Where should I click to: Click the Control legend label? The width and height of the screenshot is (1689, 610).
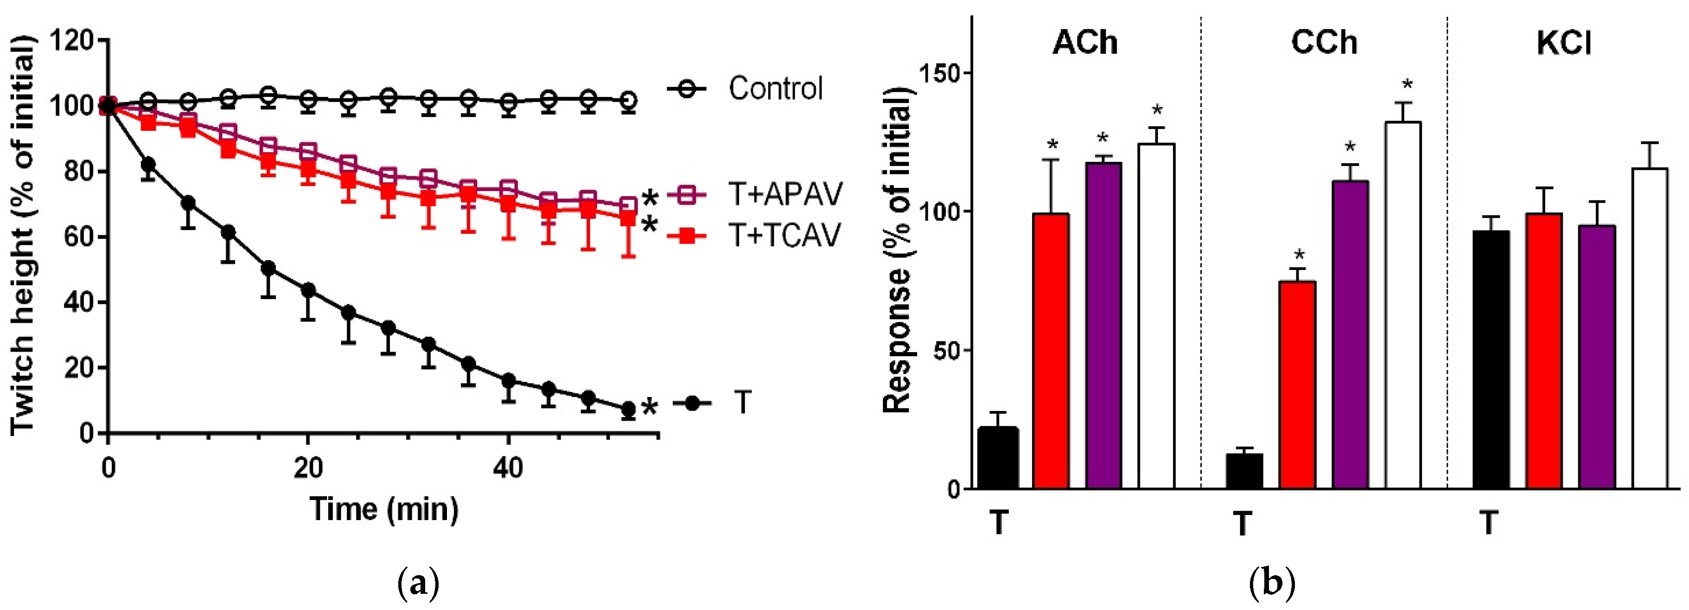click(x=775, y=89)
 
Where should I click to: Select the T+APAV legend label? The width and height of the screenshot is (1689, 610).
click(x=785, y=194)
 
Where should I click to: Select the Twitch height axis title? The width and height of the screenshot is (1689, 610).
click(x=22, y=236)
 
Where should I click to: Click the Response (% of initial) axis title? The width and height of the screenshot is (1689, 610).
click(x=898, y=249)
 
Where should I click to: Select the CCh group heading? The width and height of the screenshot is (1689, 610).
click(x=1323, y=43)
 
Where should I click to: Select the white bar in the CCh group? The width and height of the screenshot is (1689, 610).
click(x=1403, y=305)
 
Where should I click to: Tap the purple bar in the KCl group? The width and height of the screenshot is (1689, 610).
click(x=1597, y=358)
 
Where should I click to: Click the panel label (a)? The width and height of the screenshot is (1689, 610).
click(x=418, y=583)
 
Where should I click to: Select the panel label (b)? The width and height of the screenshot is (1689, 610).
click(x=1272, y=583)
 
